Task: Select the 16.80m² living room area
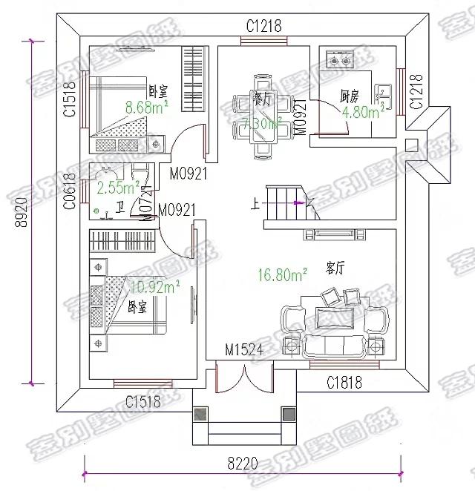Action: coord(284,276)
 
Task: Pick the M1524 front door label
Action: coord(245,350)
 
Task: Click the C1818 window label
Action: coord(345,383)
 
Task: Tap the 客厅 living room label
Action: coord(335,266)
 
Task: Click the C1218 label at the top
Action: coord(264,26)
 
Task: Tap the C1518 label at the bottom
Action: coord(142,403)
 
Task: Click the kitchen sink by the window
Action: coord(386,93)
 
